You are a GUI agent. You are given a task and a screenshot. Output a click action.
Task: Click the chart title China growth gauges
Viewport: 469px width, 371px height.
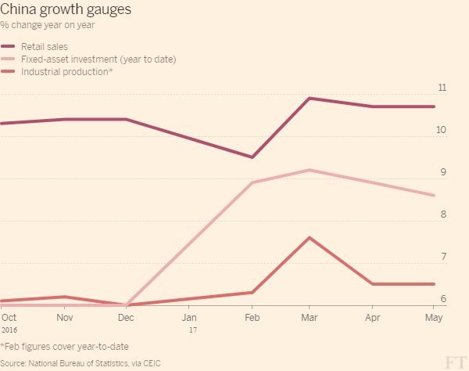point(66,10)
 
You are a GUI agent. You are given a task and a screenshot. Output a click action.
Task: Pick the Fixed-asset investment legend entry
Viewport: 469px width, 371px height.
point(98,59)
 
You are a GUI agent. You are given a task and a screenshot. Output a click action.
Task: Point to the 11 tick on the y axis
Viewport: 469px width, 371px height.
point(442,87)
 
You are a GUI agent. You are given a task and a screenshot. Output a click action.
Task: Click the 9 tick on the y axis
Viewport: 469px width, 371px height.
point(443,172)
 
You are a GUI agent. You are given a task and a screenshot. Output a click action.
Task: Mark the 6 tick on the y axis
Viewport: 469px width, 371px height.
point(443,299)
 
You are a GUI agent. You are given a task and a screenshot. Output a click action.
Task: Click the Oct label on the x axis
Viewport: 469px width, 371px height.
point(9,318)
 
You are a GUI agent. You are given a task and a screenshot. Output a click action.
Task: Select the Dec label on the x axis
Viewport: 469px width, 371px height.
point(126,318)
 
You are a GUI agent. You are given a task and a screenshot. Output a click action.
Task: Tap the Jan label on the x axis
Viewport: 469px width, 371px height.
point(189,318)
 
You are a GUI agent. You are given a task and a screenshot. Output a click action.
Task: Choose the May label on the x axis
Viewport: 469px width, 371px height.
point(433,318)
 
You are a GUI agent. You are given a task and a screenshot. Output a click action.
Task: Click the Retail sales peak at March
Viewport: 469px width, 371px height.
point(310,98)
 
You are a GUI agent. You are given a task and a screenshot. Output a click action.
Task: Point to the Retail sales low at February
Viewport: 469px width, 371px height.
point(252,157)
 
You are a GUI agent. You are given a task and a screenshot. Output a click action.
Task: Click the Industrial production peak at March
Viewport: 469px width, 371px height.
point(310,237)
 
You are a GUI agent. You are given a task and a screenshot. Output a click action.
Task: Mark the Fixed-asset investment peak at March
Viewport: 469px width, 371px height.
point(310,170)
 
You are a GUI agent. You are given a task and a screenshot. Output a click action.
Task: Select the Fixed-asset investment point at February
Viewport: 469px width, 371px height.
point(252,182)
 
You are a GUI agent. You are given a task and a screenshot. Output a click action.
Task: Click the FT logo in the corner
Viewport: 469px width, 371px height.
point(454,361)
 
